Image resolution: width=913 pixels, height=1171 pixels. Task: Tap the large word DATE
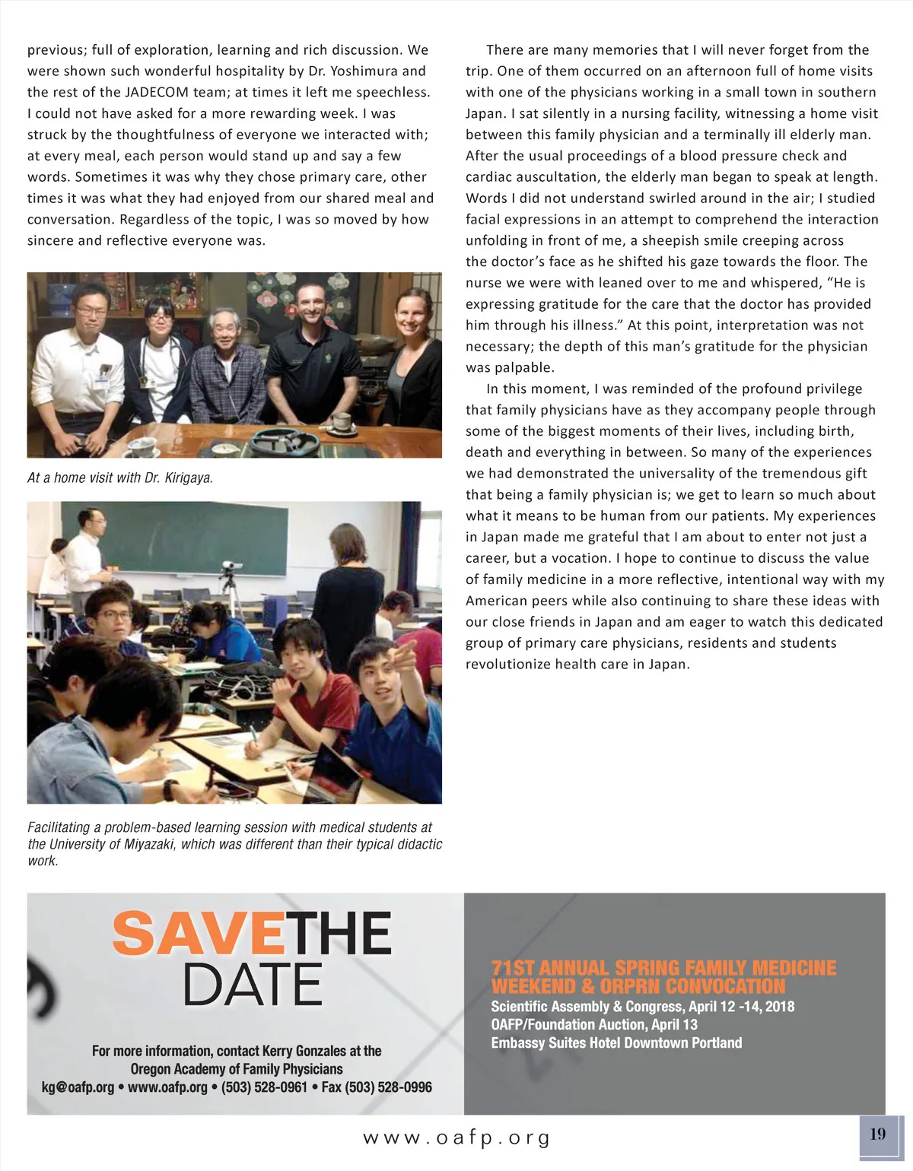(x=253, y=985)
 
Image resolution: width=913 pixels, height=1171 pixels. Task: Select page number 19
(x=878, y=1134)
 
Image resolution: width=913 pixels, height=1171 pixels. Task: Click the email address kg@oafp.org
(x=78, y=1087)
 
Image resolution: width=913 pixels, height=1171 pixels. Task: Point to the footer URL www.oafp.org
(x=456, y=1138)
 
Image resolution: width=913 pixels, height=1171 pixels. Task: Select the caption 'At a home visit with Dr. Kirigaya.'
(x=120, y=478)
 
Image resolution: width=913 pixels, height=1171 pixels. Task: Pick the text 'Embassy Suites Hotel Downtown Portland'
(x=616, y=1042)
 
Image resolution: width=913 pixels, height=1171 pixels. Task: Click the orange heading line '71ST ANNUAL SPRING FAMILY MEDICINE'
(x=663, y=968)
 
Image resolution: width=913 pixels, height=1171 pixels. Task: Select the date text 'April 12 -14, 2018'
(x=741, y=1007)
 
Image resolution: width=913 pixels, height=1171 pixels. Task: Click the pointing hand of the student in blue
(x=403, y=652)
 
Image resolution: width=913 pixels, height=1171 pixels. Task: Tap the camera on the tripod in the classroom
(x=232, y=566)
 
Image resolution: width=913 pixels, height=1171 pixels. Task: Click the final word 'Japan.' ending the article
(x=669, y=664)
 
